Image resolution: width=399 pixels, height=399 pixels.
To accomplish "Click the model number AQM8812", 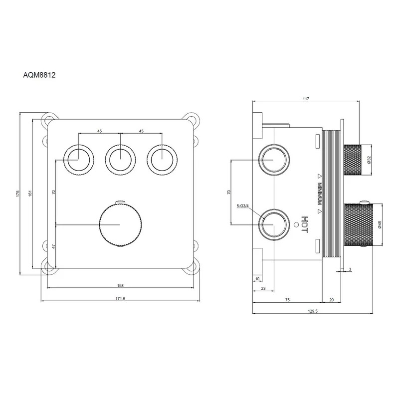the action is pos(39,75).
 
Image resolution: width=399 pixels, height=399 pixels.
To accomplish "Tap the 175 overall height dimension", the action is pos(17,194).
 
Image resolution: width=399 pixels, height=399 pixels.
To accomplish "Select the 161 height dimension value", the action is pos(30,194).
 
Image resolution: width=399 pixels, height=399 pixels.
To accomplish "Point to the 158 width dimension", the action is pos(120,285).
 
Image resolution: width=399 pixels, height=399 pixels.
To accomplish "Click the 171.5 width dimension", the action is pos(120,299).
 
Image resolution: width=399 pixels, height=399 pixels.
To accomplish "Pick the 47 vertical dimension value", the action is pos(53,246).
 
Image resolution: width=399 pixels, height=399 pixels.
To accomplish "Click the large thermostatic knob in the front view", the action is pos(120,225).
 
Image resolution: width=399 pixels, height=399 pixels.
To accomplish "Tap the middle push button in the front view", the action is pos(120,160).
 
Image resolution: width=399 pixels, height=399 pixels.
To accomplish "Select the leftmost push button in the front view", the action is pos(78,160).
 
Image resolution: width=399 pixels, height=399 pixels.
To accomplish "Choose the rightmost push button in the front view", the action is pos(162,160).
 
